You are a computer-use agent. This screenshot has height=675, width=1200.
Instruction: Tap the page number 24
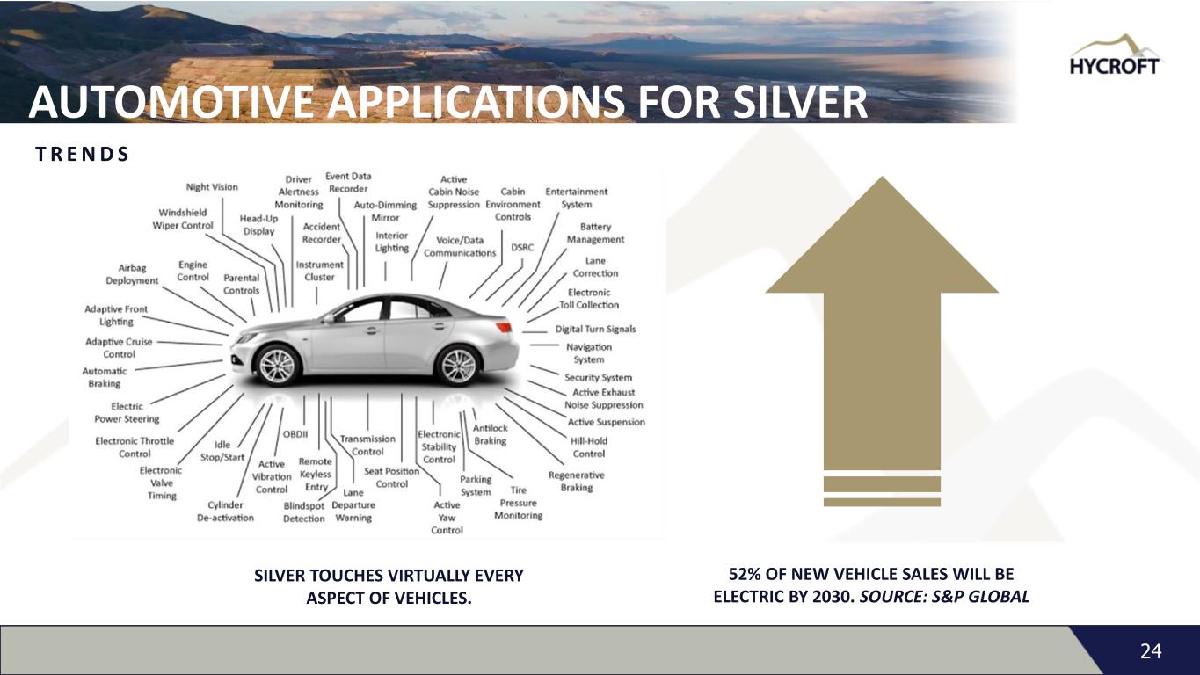pos(1151,651)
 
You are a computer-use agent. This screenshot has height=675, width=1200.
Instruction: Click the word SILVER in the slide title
pos(789,104)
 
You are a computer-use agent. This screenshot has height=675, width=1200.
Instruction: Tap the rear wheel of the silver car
pos(456,365)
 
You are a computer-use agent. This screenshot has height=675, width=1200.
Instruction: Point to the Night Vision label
pos(212,186)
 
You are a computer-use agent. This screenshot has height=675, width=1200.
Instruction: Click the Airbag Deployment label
pos(132,274)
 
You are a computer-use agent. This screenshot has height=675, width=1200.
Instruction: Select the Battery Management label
pos(595,233)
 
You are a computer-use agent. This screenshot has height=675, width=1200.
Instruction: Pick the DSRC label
pos(522,248)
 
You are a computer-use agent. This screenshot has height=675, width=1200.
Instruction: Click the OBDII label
pos(295,433)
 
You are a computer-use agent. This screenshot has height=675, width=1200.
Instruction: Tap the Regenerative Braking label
pos(576,481)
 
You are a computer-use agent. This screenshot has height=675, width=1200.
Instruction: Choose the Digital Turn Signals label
pos(595,330)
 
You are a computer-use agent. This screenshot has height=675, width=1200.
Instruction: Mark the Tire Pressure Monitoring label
pos(518,503)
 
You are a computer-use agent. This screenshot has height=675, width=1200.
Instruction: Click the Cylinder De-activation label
pos(225,511)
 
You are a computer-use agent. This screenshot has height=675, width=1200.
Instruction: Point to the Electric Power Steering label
pos(127,412)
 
